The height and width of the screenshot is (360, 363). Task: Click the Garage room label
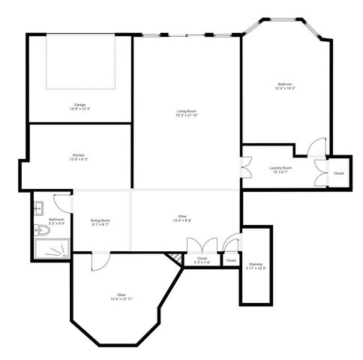[79, 103]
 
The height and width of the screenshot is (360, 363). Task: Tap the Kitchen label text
[78, 154]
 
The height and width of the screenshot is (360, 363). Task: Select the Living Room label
[187, 111]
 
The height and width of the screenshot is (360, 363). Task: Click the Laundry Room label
[280, 168]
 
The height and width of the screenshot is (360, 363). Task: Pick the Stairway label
[256, 264]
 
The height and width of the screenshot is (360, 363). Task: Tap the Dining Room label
[100, 220]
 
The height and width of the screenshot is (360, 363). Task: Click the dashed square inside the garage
[80, 61]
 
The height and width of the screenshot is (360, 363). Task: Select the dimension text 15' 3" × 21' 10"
[187, 115]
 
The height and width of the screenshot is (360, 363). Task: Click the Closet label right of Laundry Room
[339, 173]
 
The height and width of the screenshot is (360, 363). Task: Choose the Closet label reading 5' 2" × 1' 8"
[202, 262]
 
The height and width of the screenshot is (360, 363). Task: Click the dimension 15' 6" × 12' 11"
[121, 299]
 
